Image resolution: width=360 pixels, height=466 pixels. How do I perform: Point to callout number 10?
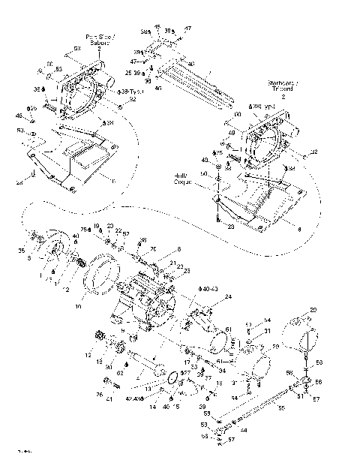tap(78, 307)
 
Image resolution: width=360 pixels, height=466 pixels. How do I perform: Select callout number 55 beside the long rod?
tap(282, 408)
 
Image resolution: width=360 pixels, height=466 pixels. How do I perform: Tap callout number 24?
tap(228, 296)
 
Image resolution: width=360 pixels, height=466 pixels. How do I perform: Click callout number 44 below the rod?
tap(244, 430)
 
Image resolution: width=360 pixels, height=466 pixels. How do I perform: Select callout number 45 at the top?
tap(157, 26)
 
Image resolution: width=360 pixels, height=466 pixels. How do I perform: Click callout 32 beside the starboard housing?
tap(314, 152)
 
